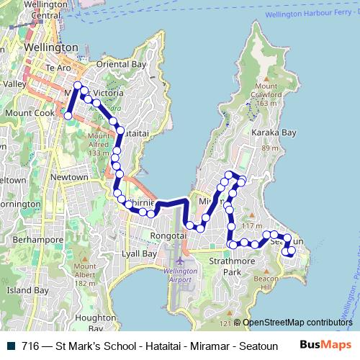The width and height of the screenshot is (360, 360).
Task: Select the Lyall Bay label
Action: (x=140, y=254)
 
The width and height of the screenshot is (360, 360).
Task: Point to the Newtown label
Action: (x=70, y=177)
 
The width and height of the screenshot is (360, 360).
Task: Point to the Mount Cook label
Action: (x=25, y=113)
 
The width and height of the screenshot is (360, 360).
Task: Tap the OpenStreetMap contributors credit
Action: (x=297, y=323)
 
